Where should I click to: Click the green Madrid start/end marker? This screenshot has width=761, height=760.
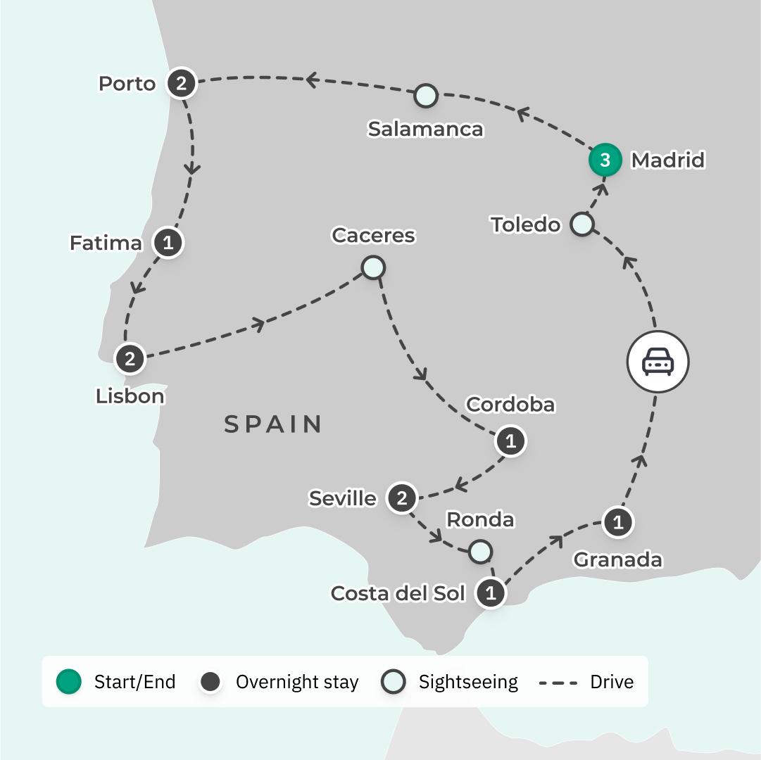point(605,160)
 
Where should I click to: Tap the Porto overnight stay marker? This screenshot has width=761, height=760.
point(182,84)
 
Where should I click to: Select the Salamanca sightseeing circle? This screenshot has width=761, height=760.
point(425,96)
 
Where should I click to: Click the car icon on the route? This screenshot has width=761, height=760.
point(658,362)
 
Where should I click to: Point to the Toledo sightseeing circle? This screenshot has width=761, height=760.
point(581,224)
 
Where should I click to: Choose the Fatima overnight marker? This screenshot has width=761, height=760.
point(168,243)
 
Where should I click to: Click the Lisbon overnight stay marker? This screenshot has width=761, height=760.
point(130,359)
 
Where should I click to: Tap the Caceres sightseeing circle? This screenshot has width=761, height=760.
point(372,267)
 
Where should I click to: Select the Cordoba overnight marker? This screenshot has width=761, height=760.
point(510,441)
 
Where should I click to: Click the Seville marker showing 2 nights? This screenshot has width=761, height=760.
point(402,498)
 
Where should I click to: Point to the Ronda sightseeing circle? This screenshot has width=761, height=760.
point(480,551)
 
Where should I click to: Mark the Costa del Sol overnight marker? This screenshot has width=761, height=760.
point(491,593)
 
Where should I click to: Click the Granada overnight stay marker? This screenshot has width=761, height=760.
point(618,522)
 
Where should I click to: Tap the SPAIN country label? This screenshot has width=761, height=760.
point(274,424)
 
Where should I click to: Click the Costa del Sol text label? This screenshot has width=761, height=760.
point(398,593)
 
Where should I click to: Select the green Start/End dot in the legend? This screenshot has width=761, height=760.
point(69,681)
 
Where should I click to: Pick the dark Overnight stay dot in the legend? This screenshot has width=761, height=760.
point(210,681)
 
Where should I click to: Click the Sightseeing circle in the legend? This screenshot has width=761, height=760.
point(394,681)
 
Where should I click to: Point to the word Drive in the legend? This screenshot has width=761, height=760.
point(612,681)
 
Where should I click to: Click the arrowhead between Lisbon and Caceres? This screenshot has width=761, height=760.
point(259,324)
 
